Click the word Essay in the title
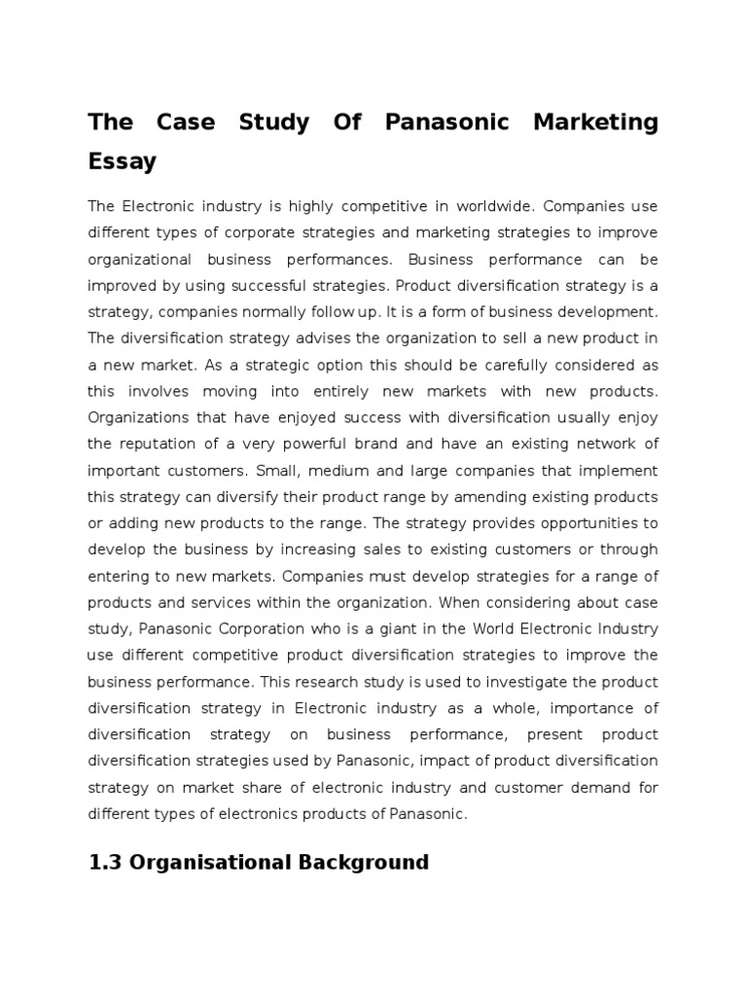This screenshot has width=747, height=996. point(122,161)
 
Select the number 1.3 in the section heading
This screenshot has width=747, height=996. point(107,862)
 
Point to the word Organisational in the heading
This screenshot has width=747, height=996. point(207,862)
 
